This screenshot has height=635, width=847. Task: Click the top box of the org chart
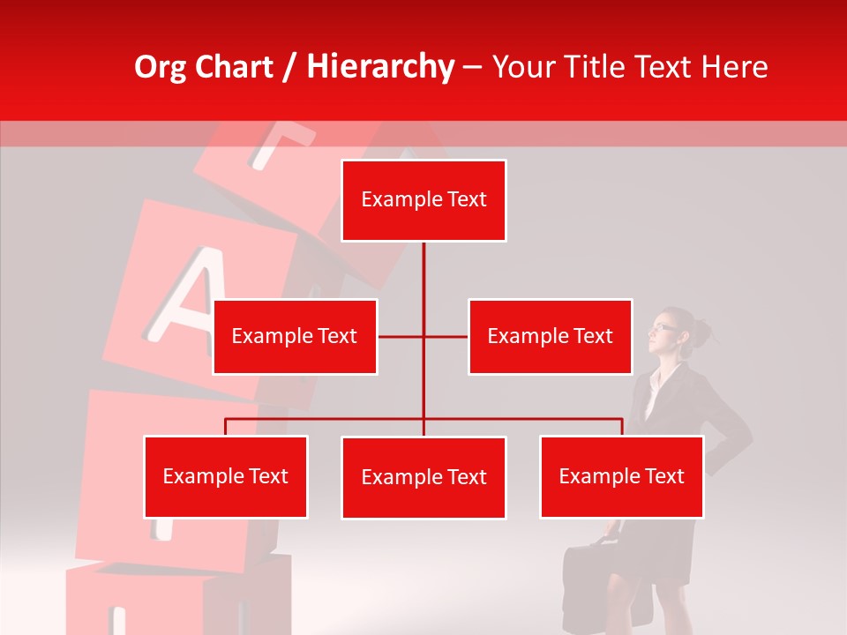point(423,200)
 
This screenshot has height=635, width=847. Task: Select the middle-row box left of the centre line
point(295,336)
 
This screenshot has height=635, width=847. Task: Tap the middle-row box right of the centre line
point(550,336)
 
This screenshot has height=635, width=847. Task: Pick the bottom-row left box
point(225,476)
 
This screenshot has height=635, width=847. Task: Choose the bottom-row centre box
point(423,477)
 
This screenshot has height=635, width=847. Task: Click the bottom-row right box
point(621,476)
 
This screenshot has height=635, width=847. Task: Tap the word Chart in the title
point(233,67)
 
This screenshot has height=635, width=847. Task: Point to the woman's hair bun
point(701,332)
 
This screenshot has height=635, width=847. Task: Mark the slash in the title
point(289,68)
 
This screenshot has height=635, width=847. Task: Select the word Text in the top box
point(466,200)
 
